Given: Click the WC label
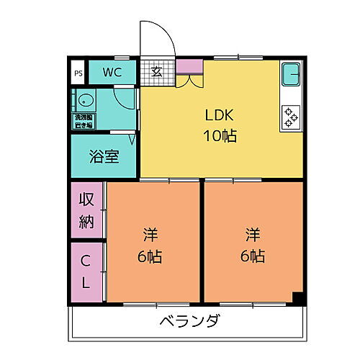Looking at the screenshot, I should [112, 71].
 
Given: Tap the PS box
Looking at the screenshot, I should [78, 72].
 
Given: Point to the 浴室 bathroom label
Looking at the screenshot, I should [104, 156].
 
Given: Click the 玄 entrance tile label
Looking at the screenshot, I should [156, 71].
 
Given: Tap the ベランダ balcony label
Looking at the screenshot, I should [189, 320].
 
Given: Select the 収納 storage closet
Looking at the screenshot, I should [86, 210].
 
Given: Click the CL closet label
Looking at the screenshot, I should [86, 271].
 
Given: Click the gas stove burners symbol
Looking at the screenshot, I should [292, 117].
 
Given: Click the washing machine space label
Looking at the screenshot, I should [84, 120].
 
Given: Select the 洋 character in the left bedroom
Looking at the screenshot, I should [150, 235].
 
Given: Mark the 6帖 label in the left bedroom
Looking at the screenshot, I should [150, 256].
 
